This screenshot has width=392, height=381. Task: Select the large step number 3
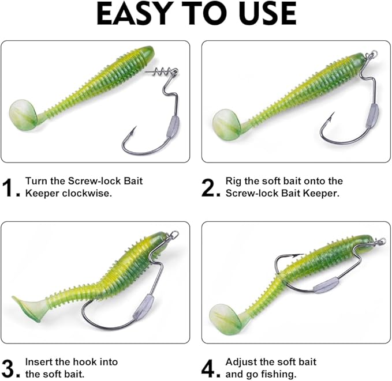12,368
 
